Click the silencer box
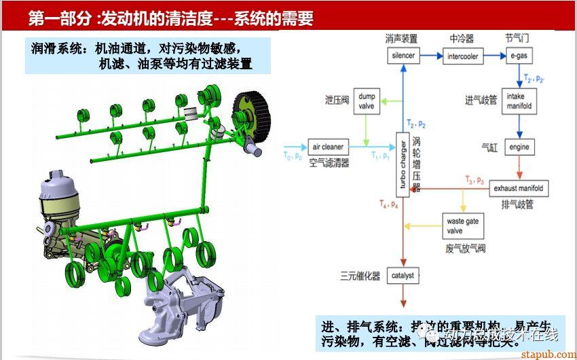tap(403, 56)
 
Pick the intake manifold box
tap(519, 102)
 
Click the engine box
tap(519, 147)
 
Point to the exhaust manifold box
tap(519, 187)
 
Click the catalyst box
tap(403, 276)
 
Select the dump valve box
tap(367, 101)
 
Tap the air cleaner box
tap(328, 147)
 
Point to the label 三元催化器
tap(360, 276)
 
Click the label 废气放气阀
tap(465, 249)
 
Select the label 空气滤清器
tap(329, 163)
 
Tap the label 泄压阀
tap(336, 101)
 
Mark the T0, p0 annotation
tap(294, 156)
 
